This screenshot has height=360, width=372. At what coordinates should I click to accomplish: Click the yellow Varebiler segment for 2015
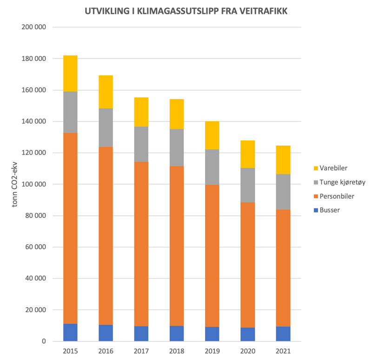[x=70, y=73]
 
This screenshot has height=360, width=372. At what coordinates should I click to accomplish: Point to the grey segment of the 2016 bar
[x=106, y=127]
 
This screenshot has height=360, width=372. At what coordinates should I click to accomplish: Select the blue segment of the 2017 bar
[x=141, y=333]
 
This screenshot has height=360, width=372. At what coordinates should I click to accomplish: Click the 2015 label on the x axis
[x=70, y=350]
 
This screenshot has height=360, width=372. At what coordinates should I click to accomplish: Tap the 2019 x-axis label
[x=212, y=350]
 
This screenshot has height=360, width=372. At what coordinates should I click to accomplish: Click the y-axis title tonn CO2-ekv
[x=14, y=184]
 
